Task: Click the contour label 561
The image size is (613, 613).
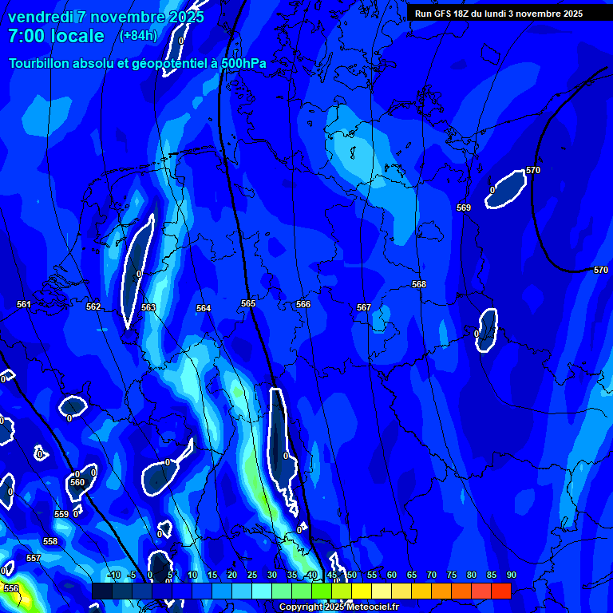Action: pyautogui.click(x=24, y=304)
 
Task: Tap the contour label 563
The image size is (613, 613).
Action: pyautogui.click(x=148, y=307)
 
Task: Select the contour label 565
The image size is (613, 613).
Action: pyautogui.click(x=248, y=303)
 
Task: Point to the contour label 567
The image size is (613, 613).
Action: pyautogui.click(x=364, y=307)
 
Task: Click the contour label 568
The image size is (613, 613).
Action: pyautogui.click(x=419, y=284)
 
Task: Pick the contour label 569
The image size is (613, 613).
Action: pyautogui.click(x=464, y=208)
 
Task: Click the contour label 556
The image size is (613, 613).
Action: pyautogui.click(x=11, y=588)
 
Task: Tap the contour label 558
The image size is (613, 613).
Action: pyautogui.click(x=50, y=541)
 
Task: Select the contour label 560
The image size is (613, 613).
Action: pyautogui.click(x=77, y=482)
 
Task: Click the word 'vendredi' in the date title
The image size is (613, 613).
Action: pyautogui.click(x=41, y=17)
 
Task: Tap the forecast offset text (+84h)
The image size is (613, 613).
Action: pyautogui.click(x=138, y=35)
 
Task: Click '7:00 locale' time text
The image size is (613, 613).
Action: pyautogui.click(x=56, y=36)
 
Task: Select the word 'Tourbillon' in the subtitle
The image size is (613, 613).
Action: pyautogui.click(x=40, y=63)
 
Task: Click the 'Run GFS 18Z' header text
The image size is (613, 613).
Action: pyautogui.click(x=451, y=14)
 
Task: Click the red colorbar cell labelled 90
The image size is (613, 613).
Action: pyautogui.click(x=501, y=591)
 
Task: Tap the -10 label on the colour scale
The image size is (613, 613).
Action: pyautogui.click(x=113, y=575)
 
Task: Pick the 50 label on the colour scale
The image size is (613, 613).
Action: pyautogui.click(x=351, y=575)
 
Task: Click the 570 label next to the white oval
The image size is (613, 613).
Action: pyautogui.click(x=533, y=171)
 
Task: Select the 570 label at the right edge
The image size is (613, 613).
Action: pyautogui.click(x=600, y=270)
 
